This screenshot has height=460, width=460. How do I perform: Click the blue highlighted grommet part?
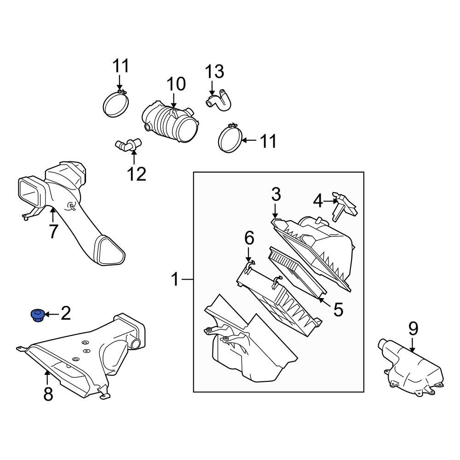(36, 316)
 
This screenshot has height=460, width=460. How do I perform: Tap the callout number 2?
(66, 314)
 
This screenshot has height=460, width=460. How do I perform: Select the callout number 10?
(176, 85)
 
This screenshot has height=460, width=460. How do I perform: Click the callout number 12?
(137, 174)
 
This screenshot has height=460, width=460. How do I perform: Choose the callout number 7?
(53, 231)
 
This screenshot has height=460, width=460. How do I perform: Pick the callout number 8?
(48, 394)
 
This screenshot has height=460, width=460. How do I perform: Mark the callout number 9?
(413, 328)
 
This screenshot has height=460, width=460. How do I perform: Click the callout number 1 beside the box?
(175, 279)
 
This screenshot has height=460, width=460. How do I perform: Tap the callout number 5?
(338, 310)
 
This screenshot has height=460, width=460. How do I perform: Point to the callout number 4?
(318, 201)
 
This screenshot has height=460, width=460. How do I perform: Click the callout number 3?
(276, 195)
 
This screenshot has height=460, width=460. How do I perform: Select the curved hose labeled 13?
(219, 100)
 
